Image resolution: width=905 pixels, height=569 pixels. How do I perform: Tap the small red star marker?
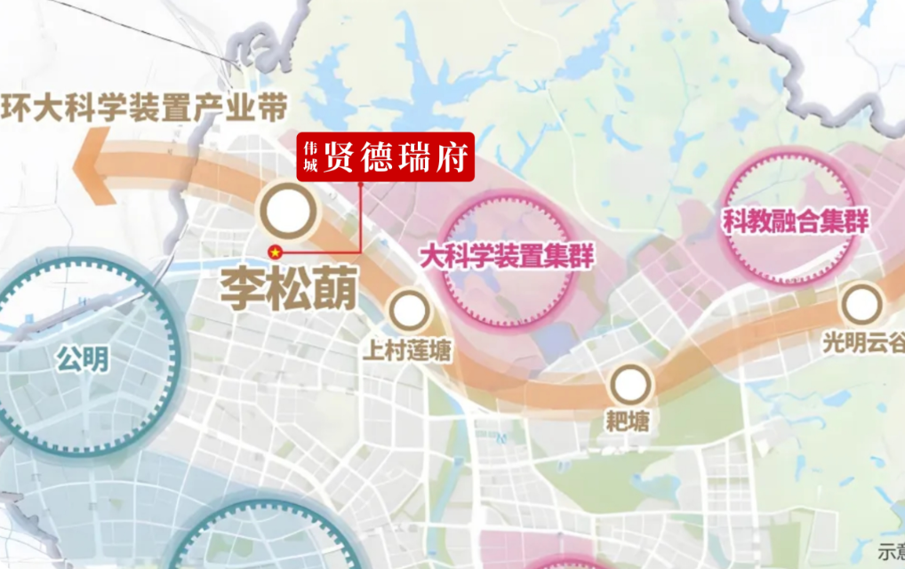coord(276,252)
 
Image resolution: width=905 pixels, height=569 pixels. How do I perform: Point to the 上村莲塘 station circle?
coord(409,311)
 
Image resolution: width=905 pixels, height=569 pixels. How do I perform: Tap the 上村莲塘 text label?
coord(406,351)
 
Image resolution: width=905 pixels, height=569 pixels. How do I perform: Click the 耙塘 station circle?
coord(630,385)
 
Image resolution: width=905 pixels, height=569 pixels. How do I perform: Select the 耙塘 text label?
coord(629,421)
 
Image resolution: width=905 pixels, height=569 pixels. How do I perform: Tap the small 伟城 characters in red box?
coord(310,158)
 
